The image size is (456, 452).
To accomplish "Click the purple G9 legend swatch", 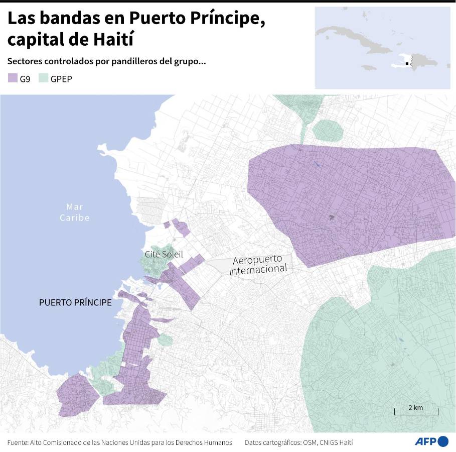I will pyautogui.click(x=13, y=78).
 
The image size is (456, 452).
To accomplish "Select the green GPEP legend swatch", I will pyautogui.click(x=44, y=78).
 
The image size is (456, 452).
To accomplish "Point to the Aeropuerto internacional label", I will pyautogui.click(x=258, y=265).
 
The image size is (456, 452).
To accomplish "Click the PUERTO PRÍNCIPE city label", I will pyautogui.click(x=75, y=303).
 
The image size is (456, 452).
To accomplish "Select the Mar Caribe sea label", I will pyautogui.click(x=75, y=212).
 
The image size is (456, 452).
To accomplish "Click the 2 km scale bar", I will pyautogui.click(x=416, y=411).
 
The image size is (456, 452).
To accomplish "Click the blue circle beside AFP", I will pyautogui.click(x=443, y=441).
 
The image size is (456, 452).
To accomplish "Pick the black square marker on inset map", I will pyautogui.click(x=407, y=63).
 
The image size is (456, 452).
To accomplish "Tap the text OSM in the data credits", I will pyautogui.click(x=307, y=442).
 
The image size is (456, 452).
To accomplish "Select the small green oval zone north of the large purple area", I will pyautogui.click(x=328, y=130).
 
